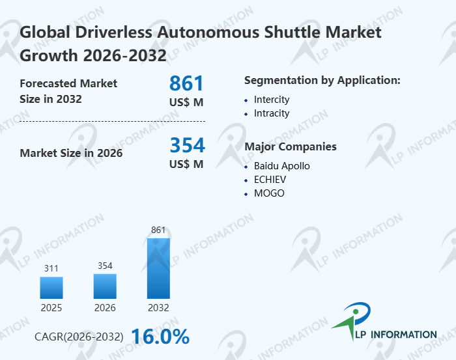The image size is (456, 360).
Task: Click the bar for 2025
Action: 51,288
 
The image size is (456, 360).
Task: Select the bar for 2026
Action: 105,286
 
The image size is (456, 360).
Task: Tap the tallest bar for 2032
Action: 158,268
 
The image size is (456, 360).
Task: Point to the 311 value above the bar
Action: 51,268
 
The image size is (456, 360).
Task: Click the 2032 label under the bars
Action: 158,308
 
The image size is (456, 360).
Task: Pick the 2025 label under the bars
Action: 51,308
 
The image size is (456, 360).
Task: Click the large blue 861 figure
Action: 186,83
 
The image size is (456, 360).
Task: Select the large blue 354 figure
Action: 187,145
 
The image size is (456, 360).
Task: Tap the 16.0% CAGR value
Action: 160,337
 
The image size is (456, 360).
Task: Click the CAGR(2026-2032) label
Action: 79,337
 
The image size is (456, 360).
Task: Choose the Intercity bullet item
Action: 272,100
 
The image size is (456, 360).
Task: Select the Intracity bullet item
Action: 272,113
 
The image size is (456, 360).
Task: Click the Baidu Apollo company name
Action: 282,166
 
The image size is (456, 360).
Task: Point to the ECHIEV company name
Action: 270,180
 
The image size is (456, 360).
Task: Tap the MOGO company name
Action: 269,193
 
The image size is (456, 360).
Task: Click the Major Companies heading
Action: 290,146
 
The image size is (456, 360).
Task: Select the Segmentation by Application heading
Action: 322,80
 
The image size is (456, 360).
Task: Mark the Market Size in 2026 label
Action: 71,153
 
